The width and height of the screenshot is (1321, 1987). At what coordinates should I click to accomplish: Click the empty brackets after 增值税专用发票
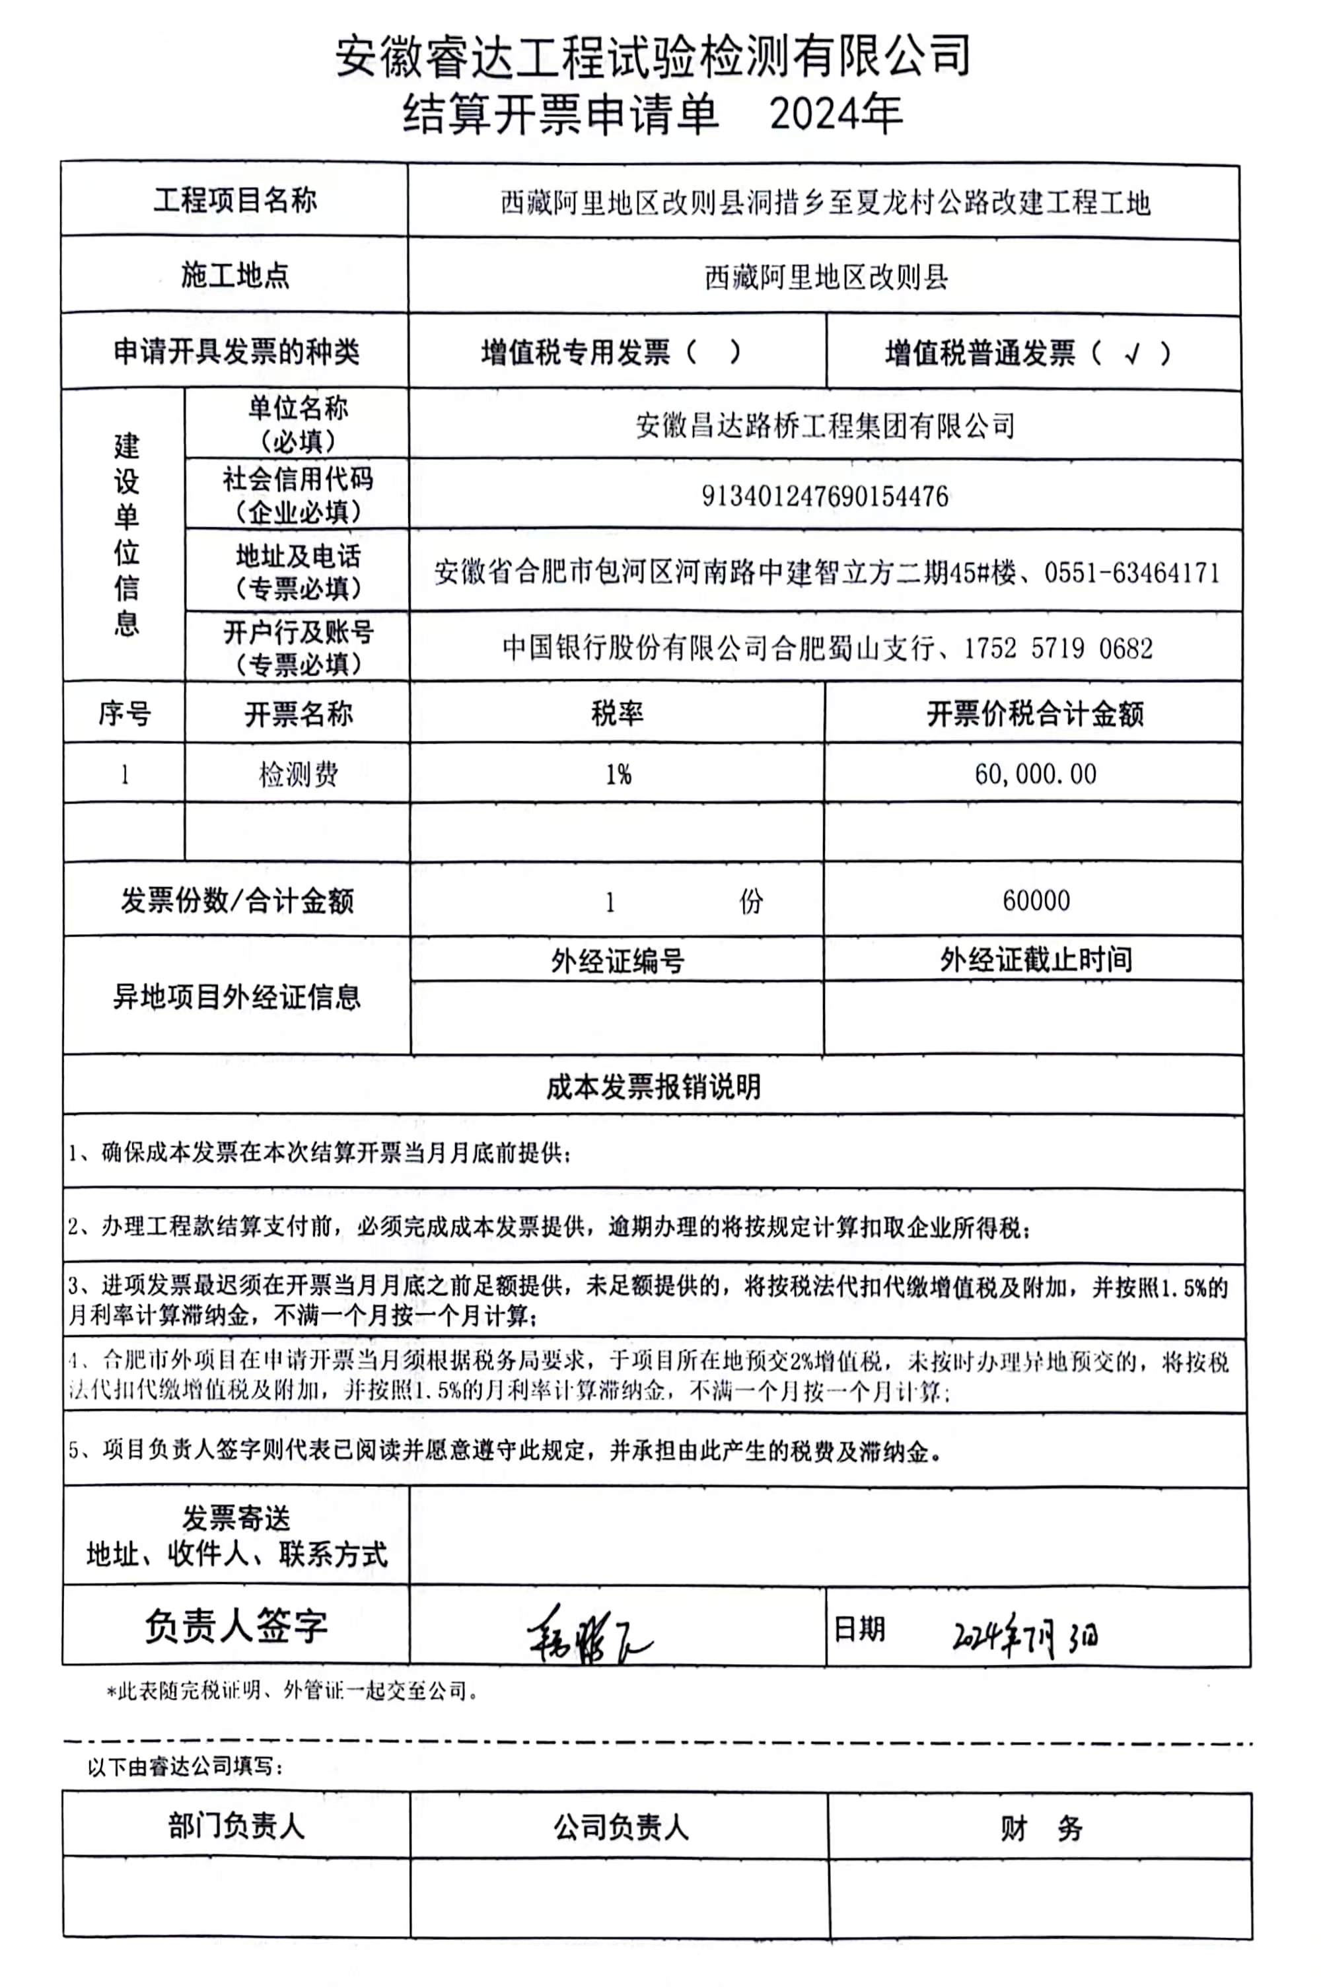pos(713,352)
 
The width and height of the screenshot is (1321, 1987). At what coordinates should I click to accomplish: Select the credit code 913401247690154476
pos(825,496)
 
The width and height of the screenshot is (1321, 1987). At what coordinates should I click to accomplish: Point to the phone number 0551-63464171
pos(1131,573)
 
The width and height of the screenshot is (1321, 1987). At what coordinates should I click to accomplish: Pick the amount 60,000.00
pos(1036,774)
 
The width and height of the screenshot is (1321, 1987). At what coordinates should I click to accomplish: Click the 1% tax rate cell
pos(618,774)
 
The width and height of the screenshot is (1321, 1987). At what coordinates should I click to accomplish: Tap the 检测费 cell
pos(299,774)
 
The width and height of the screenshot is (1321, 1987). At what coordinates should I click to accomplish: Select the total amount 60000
pos(1036,900)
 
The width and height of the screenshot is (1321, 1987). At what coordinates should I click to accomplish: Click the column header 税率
pos(618,713)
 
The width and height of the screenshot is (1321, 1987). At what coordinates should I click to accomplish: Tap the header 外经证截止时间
pos(1036,959)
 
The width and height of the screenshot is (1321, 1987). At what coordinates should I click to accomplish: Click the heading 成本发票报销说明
pos(653,1087)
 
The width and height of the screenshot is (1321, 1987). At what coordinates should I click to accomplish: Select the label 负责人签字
pos(236,1626)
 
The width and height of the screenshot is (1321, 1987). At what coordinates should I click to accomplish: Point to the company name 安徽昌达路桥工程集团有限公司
pos(825,425)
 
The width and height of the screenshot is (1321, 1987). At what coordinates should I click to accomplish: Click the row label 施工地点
pos(235,275)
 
